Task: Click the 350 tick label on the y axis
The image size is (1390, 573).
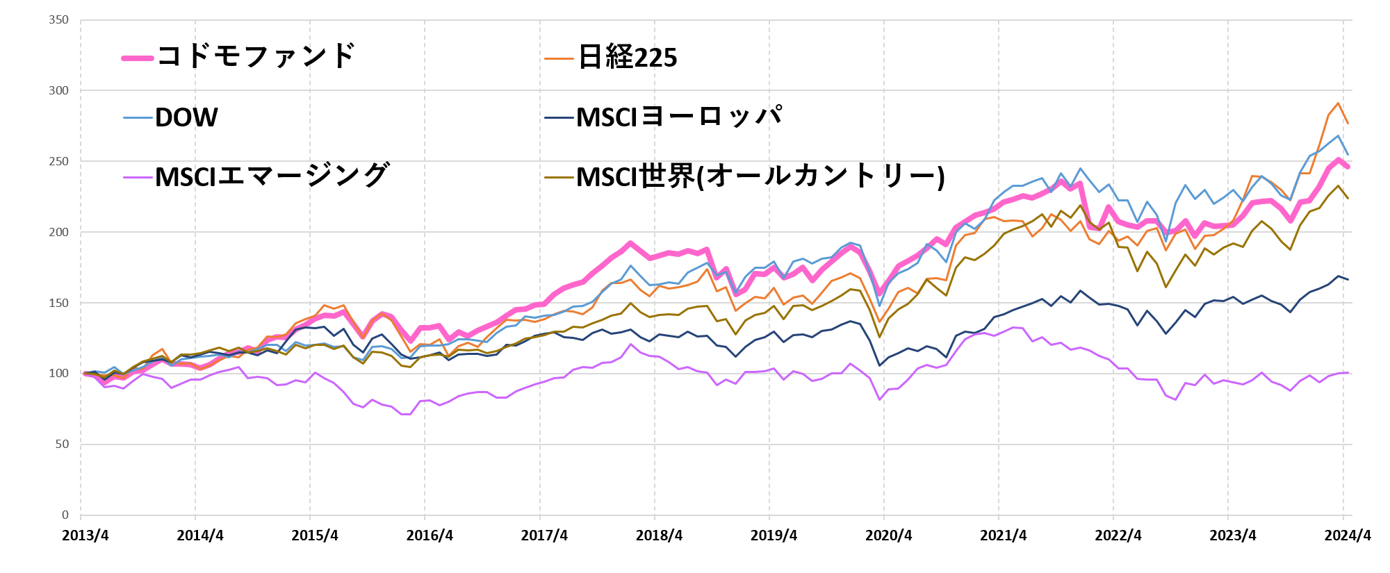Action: point(59,20)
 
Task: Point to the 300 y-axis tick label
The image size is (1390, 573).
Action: point(59,91)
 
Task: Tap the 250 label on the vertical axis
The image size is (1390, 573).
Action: point(59,162)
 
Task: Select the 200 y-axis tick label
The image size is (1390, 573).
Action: point(59,232)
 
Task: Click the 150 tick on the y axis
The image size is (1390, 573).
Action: point(59,303)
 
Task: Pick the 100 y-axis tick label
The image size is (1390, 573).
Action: point(59,374)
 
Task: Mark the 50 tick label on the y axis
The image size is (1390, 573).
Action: point(62,445)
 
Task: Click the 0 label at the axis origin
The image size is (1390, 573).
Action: point(65,515)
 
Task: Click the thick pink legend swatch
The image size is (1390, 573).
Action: point(138,58)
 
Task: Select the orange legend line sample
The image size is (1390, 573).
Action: point(559,59)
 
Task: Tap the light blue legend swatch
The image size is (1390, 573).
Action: point(138,118)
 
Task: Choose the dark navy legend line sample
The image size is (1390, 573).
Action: point(559,118)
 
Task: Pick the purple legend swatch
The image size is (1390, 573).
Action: point(138,177)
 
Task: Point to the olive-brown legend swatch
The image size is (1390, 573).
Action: point(559,177)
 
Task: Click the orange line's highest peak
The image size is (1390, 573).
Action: point(1338,103)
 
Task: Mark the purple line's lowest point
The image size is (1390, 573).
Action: point(407,415)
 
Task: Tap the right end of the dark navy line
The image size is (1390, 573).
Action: point(1348,279)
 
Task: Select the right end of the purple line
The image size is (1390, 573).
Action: point(1348,373)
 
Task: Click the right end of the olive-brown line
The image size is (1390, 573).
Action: point(1348,198)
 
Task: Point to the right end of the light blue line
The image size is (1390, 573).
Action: point(1348,153)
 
